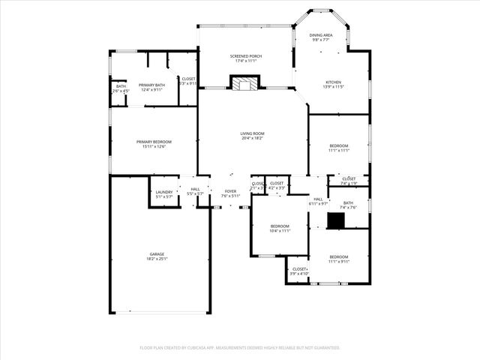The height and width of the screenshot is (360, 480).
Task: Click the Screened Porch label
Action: pyautogui.click(x=246, y=56)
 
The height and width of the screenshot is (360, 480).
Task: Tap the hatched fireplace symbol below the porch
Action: pyautogui.click(x=243, y=84)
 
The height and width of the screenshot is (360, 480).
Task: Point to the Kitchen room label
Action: pyautogui.click(x=333, y=82)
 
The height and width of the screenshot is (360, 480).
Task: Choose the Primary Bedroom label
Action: pyautogui.click(x=154, y=142)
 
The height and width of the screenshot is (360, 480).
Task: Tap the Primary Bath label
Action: pyautogui.click(x=151, y=85)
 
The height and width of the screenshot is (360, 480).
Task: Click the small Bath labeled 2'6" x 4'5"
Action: pyautogui.click(x=121, y=88)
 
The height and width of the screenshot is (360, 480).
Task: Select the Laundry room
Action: pyautogui.click(x=164, y=193)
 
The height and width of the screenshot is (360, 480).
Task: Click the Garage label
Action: pyautogui.click(x=157, y=254)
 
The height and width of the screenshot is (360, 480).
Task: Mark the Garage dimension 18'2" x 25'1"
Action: pyautogui.click(x=157, y=259)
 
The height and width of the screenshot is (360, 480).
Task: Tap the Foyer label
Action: pyautogui.click(x=231, y=191)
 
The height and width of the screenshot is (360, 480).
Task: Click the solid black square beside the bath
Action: pyautogui.click(x=336, y=220)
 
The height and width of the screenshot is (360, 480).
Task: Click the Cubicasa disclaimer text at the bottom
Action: pyautogui.click(x=240, y=348)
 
